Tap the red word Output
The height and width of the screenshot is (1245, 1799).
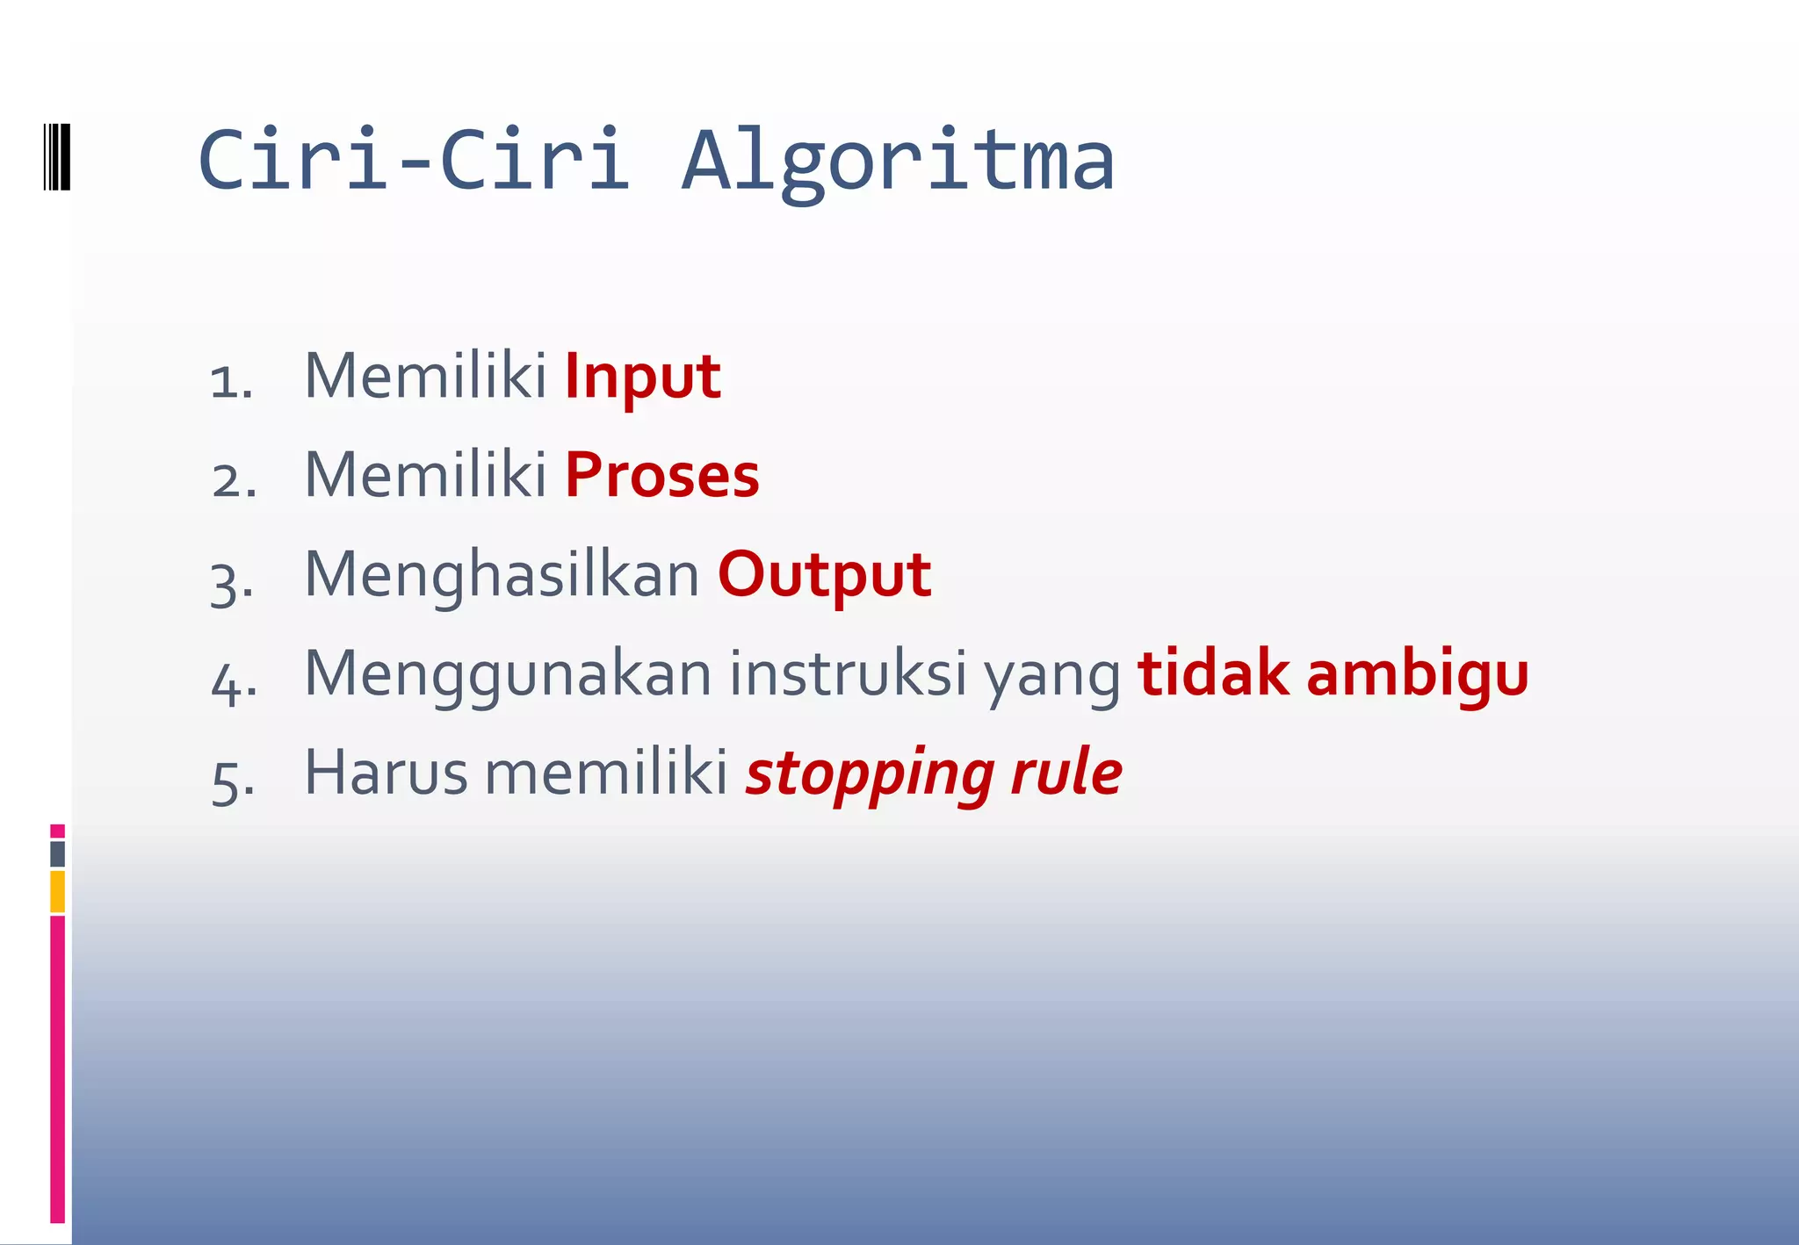coord(824,576)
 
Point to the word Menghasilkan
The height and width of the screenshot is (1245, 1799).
coord(502,576)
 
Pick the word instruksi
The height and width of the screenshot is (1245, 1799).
coord(848,675)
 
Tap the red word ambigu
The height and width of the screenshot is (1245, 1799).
coord(1417,675)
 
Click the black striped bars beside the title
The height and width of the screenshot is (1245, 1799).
coord(57,157)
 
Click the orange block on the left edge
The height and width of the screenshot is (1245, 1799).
coord(57,891)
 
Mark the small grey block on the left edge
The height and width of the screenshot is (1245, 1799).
coord(57,854)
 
